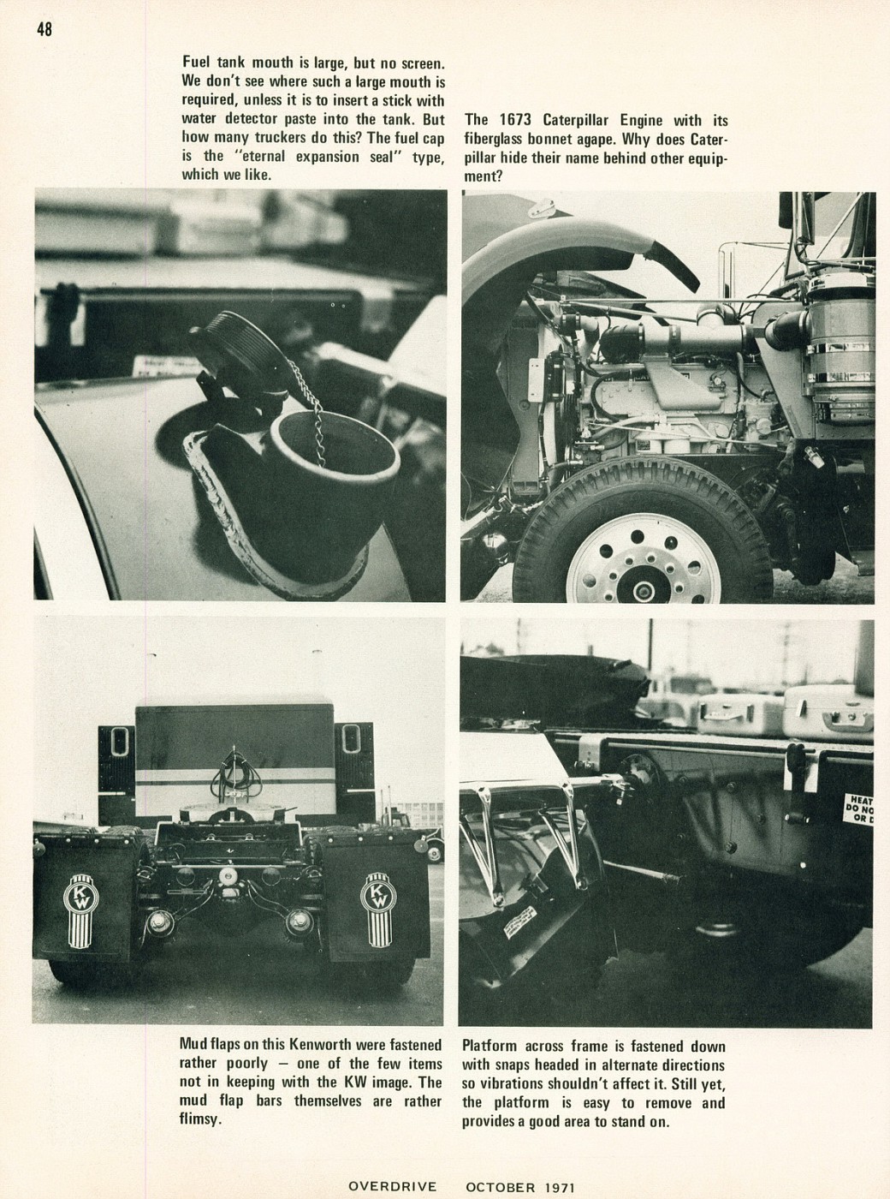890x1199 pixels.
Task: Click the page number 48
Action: coord(44,28)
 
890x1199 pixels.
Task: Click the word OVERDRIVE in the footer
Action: coord(392,1186)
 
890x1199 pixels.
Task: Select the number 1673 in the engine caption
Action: coord(518,121)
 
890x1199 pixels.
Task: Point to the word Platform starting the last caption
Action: coord(492,1046)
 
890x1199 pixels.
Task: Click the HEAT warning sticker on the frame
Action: coord(858,808)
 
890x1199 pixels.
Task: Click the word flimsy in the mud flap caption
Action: coord(199,1119)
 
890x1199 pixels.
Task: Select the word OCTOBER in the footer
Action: coord(500,1187)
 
